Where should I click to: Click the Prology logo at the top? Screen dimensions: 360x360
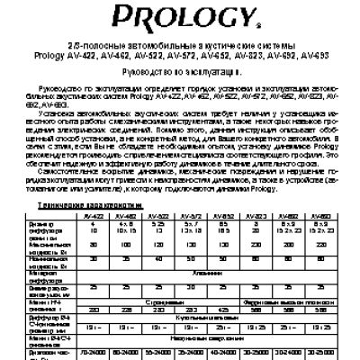point(179,15)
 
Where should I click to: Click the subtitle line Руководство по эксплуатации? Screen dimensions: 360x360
point(179,67)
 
